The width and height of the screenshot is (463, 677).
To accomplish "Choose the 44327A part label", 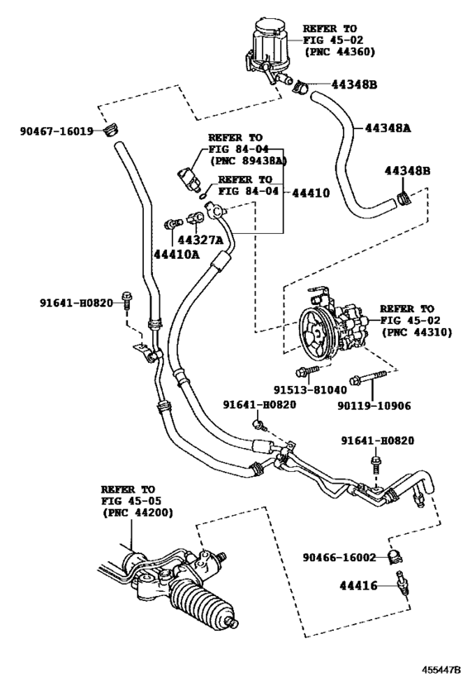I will click(x=201, y=241).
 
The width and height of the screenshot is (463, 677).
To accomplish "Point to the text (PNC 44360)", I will click(x=339, y=51).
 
